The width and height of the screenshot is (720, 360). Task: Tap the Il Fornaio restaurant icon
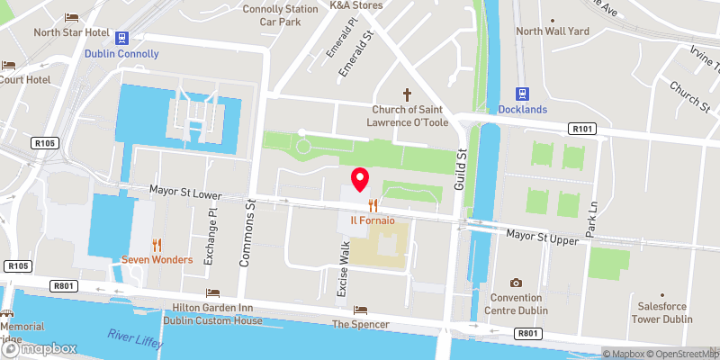tap(373, 204)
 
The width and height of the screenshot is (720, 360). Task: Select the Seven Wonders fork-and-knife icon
tap(157, 244)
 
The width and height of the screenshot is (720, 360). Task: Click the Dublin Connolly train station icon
tap(122, 37)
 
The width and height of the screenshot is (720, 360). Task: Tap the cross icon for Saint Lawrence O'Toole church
tap(407, 94)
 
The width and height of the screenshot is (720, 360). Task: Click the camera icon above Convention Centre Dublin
tap(516, 283)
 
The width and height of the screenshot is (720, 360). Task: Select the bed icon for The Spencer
tap(360, 310)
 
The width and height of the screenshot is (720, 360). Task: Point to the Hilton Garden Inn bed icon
tap(213, 293)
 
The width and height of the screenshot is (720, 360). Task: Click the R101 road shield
tap(581, 130)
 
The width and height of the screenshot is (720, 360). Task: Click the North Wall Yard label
tap(552, 31)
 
